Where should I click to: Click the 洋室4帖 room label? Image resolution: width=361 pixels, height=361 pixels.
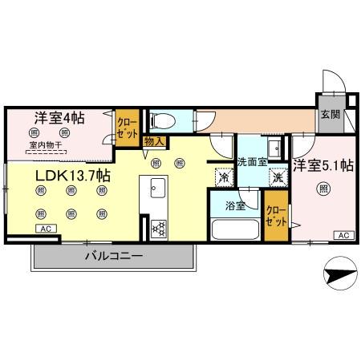59,117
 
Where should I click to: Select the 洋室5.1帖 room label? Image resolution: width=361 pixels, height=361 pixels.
322,167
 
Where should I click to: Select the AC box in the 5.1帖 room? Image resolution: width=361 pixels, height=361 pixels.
342,235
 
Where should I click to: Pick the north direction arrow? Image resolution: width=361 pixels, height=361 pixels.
339,274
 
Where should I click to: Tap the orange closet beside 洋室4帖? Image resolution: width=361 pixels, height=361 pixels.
126,128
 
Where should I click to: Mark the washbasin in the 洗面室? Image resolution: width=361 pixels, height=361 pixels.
273,147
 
